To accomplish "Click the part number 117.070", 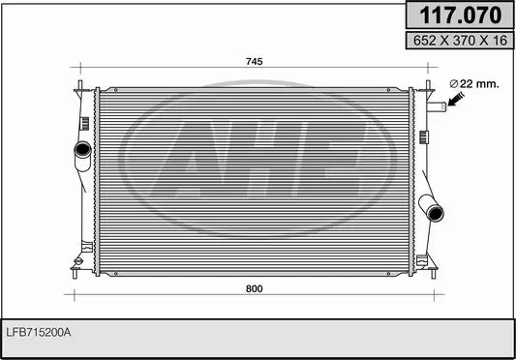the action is pyautogui.click(x=460, y=15).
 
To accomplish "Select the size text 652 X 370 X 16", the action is pyautogui.click(x=460, y=41).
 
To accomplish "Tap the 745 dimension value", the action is pyautogui.click(x=254, y=62).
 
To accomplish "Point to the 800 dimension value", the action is pyautogui.click(x=254, y=289).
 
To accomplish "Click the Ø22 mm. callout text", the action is pyautogui.click(x=474, y=84).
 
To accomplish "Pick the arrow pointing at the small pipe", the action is pyautogui.click(x=456, y=99).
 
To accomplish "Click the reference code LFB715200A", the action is pyautogui.click(x=39, y=332).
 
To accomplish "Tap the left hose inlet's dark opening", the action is pyautogui.click(x=82, y=149).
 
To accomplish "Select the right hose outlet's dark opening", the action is pyautogui.click(x=436, y=213).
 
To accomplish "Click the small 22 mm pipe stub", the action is pyautogui.click(x=437, y=107).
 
